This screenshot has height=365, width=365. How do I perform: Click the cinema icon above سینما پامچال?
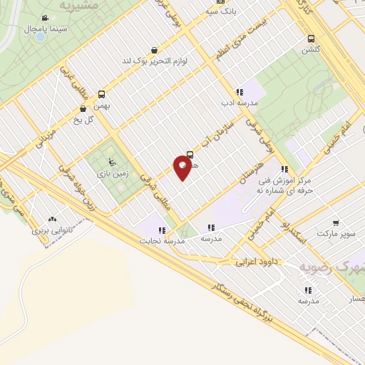(46, 19)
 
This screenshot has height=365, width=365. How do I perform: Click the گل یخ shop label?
(84, 120)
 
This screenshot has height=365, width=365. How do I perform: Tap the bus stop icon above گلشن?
(310, 39)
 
